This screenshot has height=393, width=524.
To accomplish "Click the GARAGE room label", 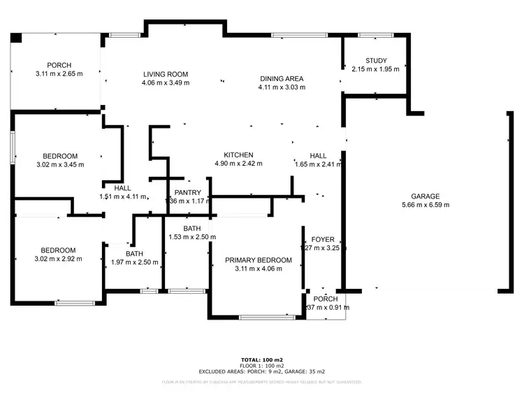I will (425, 196).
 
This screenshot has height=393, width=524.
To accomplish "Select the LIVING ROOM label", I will (166, 74).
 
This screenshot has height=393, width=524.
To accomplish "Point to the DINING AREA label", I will (281, 79).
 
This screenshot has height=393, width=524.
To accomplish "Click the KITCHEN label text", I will (238, 155).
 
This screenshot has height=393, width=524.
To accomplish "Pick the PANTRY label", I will (188, 192).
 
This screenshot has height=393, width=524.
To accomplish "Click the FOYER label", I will (323, 238).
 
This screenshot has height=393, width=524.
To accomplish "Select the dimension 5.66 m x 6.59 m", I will (425, 206).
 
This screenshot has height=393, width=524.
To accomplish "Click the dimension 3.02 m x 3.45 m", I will (60, 165).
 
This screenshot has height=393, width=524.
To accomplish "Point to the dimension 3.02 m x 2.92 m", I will (58, 259).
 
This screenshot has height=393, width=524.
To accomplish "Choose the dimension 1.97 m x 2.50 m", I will (135, 263).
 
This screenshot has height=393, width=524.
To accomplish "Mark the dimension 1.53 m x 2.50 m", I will (192, 238).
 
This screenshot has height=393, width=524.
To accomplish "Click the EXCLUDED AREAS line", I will (262, 371).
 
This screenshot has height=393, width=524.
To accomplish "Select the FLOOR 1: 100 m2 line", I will (262, 366).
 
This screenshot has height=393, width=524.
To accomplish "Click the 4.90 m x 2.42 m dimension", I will (238, 164).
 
